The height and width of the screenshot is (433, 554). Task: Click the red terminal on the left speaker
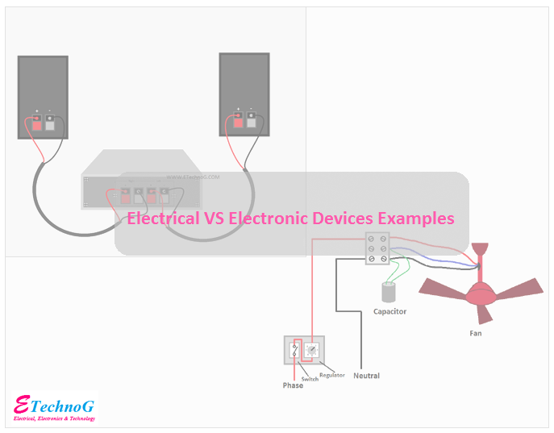tap(35, 124)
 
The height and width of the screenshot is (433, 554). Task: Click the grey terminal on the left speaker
tap(50, 124)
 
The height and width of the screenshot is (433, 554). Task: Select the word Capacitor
tap(389, 312)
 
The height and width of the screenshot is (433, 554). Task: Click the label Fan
tap(477, 332)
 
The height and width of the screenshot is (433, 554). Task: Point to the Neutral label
tap(366, 376)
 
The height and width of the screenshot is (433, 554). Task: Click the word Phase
tap(293, 385)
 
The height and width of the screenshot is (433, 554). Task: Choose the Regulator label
tap(331, 375)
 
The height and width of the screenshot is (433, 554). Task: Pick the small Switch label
tap(310, 379)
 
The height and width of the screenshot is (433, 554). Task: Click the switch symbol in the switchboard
tap(295, 350)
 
